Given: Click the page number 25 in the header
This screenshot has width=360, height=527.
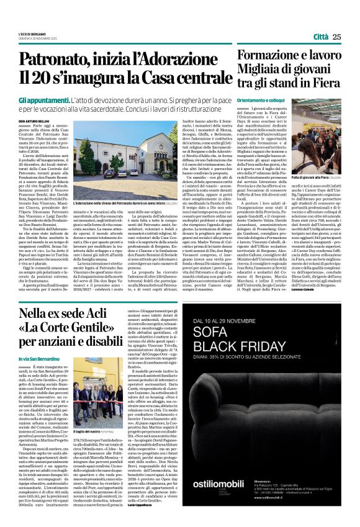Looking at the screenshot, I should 336,37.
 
